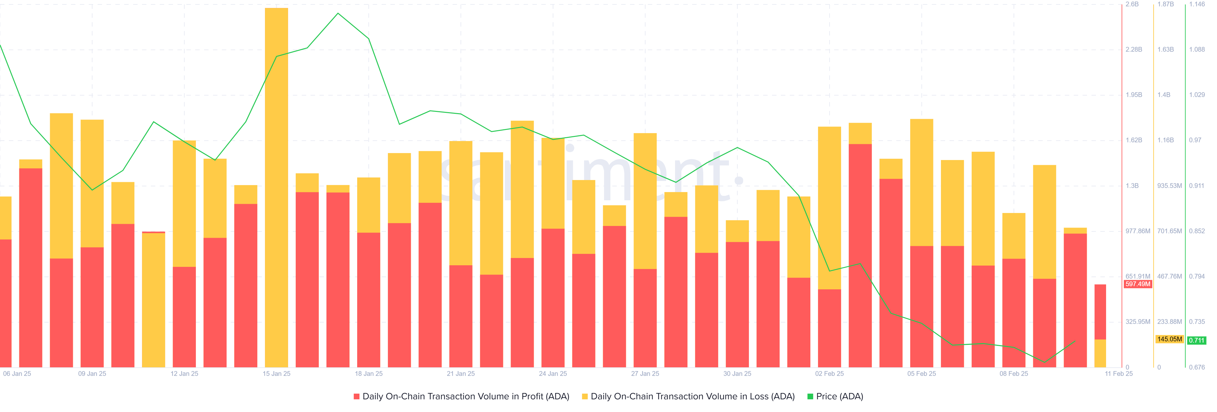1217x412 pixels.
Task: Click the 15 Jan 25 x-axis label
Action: click(x=276, y=374)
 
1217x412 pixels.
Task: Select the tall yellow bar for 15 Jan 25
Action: click(x=276, y=142)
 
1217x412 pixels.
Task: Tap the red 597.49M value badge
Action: click(x=1138, y=284)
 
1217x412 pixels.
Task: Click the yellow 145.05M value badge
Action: click(x=1169, y=339)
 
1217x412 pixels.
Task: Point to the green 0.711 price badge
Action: click(x=1197, y=340)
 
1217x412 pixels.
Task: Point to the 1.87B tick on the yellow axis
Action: click(x=1166, y=4)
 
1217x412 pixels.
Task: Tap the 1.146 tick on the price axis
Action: click(x=1197, y=4)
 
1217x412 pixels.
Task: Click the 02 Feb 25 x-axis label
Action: click(x=829, y=374)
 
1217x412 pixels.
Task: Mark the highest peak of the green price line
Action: click(x=338, y=13)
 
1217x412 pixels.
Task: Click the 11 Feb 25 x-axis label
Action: click(x=1118, y=374)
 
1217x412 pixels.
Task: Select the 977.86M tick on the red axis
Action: click(x=1138, y=231)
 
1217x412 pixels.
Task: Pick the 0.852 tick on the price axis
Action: click(x=1197, y=231)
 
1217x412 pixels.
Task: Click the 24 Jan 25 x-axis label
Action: click(x=553, y=374)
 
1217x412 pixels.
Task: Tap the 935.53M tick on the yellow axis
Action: click(x=1169, y=186)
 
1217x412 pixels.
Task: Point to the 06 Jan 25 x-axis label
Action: click(x=17, y=374)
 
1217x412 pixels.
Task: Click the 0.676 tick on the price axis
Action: click(x=1197, y=367)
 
